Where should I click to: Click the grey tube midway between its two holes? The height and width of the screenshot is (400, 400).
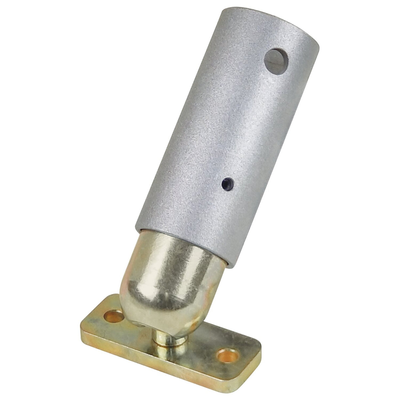point(250,123)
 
